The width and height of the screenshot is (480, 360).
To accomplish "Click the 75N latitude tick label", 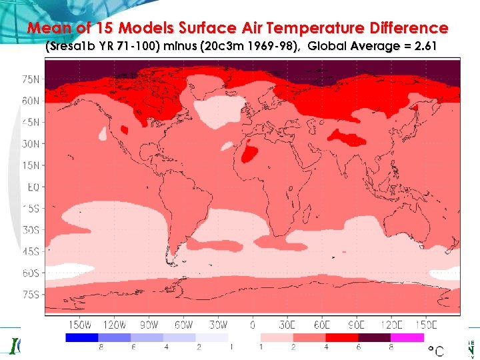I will click(x=31, y=79).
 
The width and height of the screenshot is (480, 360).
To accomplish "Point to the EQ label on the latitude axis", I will click(x=33, y=187).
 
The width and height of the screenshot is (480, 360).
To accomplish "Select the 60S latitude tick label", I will click(x=31, y=273).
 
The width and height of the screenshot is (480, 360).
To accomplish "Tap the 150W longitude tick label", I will click(x=80, y=325).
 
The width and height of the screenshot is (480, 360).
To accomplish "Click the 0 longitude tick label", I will click(x=252, y=325).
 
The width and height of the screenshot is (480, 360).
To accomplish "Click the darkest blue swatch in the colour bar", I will click(x=81, y=337).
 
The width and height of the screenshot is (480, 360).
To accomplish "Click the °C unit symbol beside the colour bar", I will click(x=435, y=349).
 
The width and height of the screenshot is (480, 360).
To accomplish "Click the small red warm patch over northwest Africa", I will click(x=249, y=155).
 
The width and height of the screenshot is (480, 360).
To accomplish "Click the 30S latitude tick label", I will click(x=31, y=229).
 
